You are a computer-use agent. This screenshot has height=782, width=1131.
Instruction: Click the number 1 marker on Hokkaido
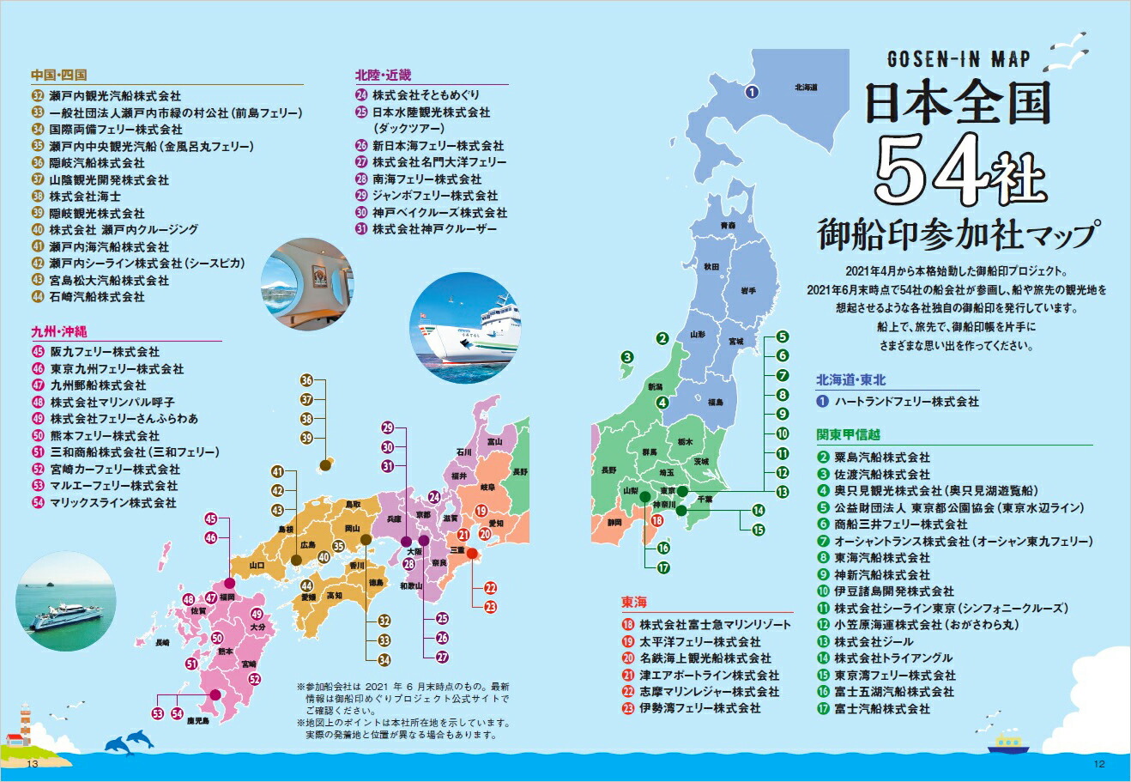750,92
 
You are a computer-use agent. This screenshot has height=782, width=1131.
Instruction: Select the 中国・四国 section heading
58,75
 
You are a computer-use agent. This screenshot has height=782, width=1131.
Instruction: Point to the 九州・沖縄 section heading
59,330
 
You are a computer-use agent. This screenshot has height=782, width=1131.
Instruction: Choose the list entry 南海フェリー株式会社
426,179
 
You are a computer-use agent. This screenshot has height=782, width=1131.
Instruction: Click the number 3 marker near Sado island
628,357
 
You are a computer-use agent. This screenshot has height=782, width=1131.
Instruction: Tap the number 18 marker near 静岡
656,520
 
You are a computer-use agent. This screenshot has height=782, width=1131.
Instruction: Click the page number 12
1098,765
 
